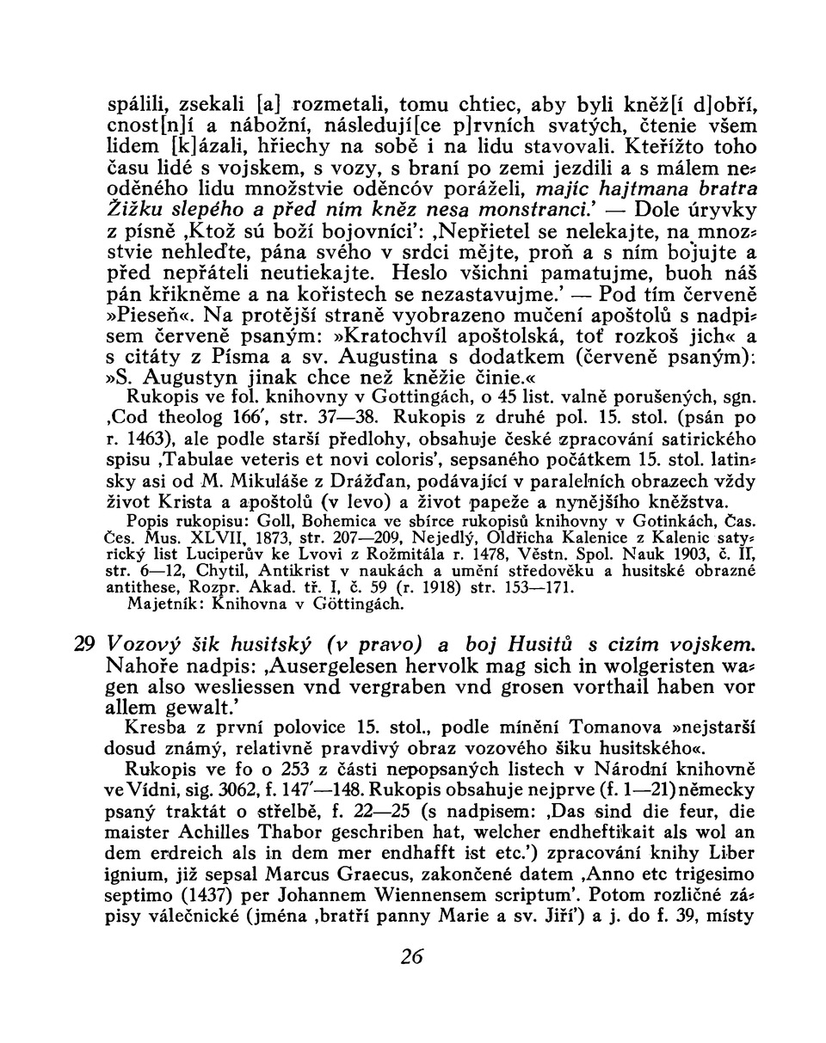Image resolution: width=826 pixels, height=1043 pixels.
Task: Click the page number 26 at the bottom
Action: point(412,957)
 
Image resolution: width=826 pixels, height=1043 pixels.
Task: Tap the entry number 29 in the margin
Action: point(83,643)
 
